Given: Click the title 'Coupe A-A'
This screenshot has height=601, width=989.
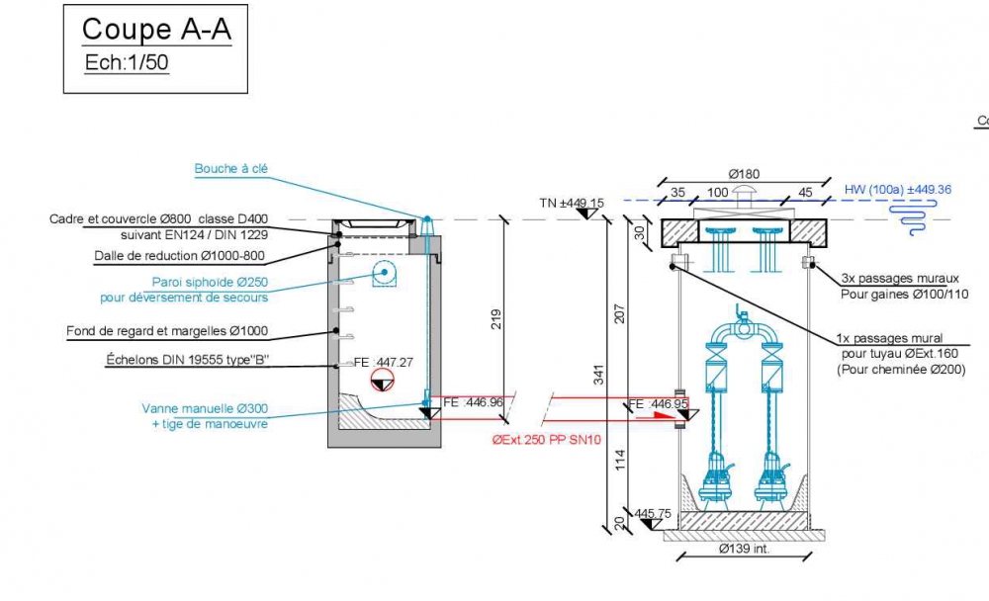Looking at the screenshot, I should click(x=156, y=30).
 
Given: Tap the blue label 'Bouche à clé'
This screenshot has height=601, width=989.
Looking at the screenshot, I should click(x=230, y=169).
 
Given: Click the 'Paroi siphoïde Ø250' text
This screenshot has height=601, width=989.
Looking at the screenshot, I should click(x=210, y=282).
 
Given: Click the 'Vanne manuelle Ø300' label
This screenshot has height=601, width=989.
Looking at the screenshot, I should click(x=205, y=408).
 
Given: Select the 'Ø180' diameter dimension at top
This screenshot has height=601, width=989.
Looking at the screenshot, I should click(x=743, y=173).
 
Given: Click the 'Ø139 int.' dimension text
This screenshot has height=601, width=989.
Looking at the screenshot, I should click(x=743, y=549).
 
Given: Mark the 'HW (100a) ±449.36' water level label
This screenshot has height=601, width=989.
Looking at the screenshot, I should click(x=898, y=189).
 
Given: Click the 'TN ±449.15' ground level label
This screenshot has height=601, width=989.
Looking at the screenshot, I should click(x=572, y=203).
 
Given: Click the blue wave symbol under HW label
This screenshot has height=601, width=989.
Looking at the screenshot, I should click(x=906, y=218).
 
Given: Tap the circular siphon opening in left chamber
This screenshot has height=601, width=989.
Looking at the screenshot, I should click(x=383, y=273).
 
